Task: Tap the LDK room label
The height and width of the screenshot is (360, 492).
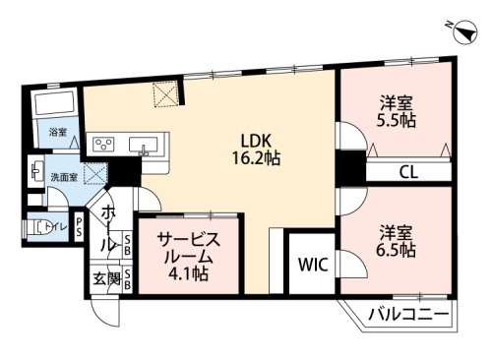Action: (x=256, y=141)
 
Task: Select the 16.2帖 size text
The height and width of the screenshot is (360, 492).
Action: (x=256, y=158)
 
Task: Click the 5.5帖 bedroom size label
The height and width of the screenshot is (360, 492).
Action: (x=396, y=121)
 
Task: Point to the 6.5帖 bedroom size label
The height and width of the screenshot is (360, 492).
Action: (x=396, y=251)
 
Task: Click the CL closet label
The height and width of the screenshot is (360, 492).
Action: (x=408, y=172)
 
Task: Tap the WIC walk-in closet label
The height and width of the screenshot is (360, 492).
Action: (x=313, y=265)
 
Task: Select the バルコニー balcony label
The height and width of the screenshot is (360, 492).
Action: (x=408, y=315)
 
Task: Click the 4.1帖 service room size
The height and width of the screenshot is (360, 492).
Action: (x=188, y=273)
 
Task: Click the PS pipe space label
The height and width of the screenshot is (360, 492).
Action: (x=79, y=227)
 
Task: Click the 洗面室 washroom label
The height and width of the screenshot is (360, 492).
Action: (x=64, y=177)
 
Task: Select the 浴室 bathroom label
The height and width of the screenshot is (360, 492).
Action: (x=58, y=133)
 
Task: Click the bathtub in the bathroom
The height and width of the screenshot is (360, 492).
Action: (x=54, y=102)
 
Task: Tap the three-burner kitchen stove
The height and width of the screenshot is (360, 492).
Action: (x=103, y=145)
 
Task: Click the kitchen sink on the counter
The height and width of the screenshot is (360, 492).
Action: (x=144, y=145)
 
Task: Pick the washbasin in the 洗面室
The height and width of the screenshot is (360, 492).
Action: (x=35, y=171)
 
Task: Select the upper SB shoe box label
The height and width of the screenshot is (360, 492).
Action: (x=127, y=244)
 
